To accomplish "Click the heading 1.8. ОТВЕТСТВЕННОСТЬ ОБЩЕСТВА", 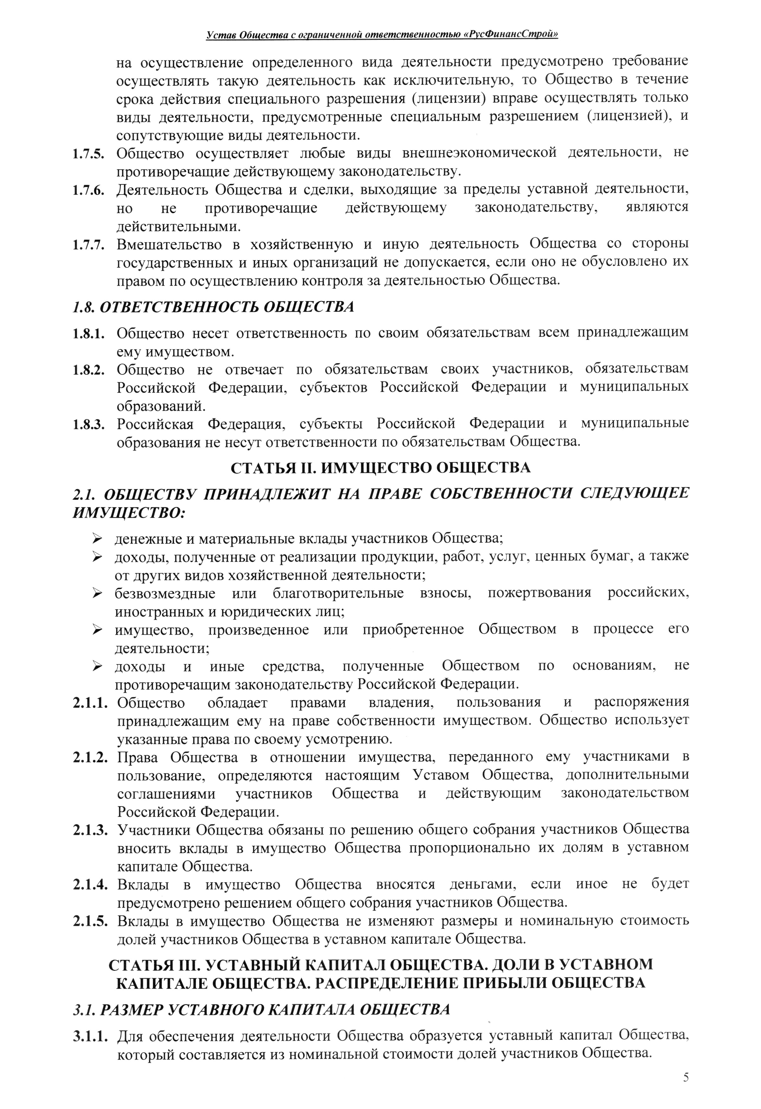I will pyautogui.click(x=213, y=307).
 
